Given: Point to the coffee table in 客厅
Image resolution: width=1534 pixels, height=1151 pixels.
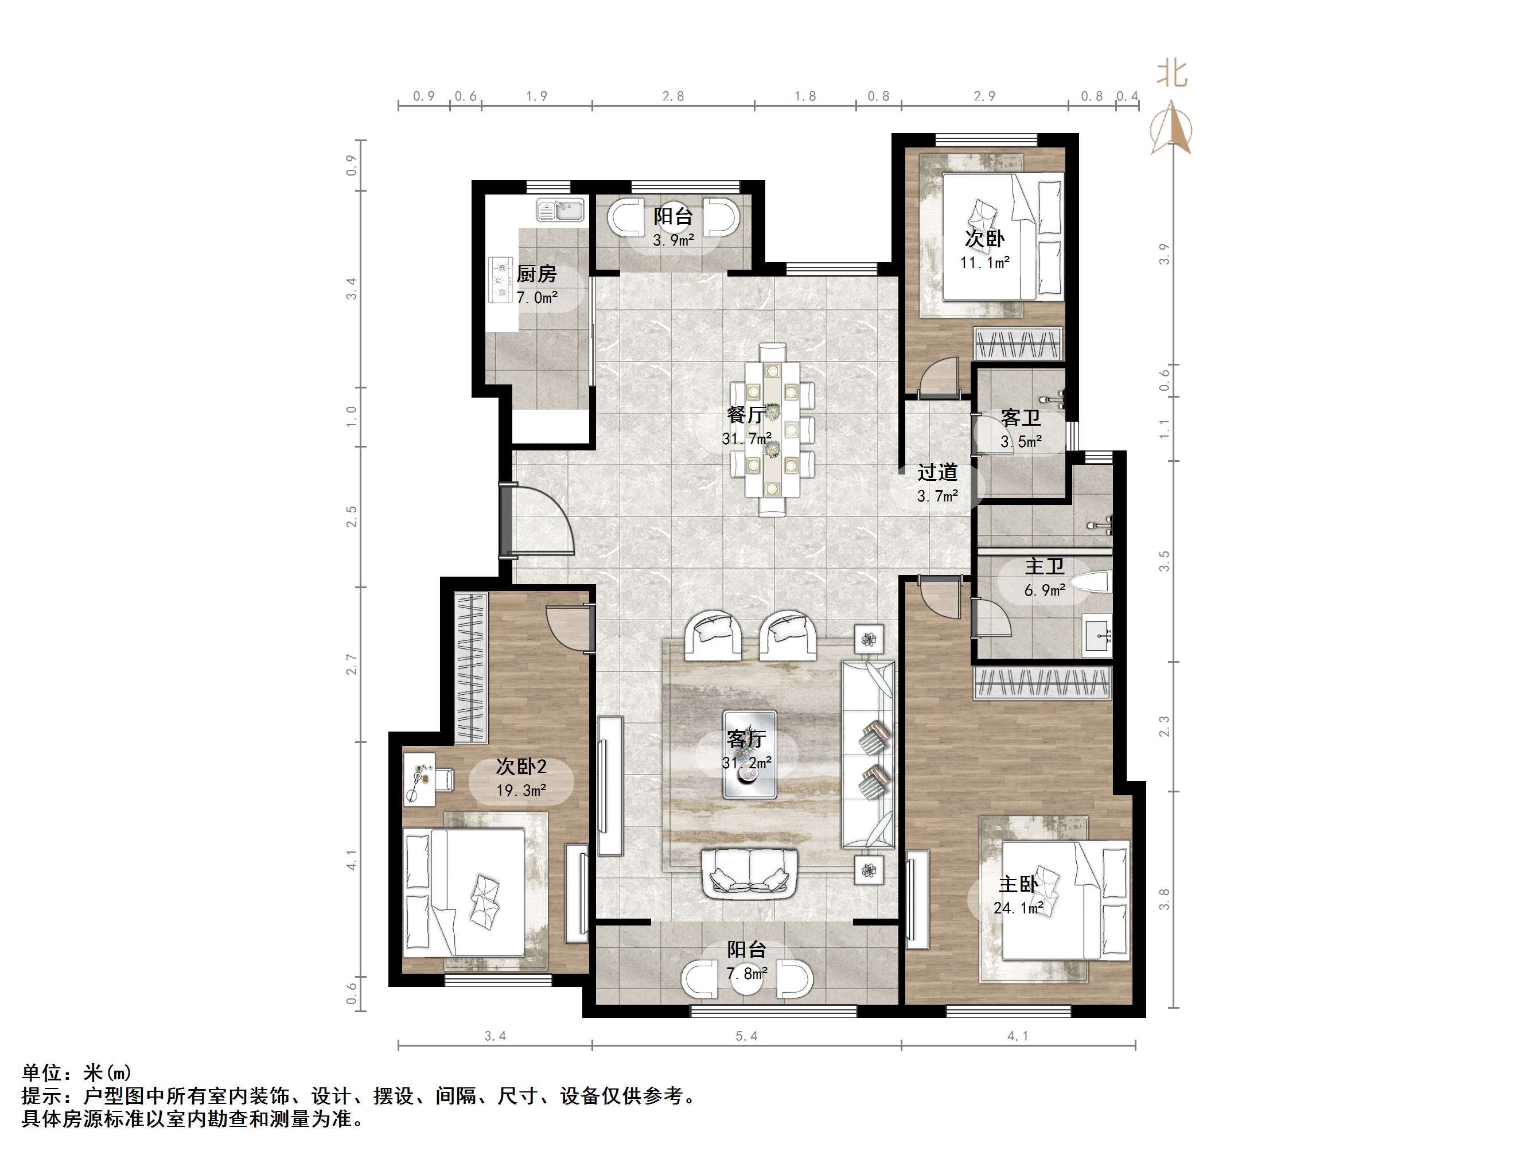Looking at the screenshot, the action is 750,754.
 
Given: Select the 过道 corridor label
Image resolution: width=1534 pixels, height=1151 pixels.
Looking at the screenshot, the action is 937,472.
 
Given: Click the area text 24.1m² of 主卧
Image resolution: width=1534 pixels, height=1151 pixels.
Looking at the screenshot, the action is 1018,908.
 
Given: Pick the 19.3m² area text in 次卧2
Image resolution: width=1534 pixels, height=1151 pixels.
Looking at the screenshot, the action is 521,790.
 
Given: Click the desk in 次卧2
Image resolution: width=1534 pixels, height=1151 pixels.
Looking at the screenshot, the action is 419,779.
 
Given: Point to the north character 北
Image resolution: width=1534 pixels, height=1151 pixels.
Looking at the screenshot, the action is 1172,73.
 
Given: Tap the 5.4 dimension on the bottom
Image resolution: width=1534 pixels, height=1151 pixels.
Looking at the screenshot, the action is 746,1036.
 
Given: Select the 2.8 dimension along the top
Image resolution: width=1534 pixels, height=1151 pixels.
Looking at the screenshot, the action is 673,96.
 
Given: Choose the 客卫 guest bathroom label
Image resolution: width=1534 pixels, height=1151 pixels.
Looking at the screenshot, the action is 1021,418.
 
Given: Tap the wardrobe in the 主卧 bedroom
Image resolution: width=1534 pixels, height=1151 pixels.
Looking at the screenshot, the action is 1042,683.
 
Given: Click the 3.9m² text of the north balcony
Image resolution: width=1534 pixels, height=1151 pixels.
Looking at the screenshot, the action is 673,241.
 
